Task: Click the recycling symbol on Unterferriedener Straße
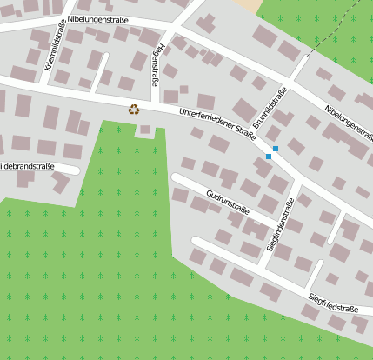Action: coord(133,109)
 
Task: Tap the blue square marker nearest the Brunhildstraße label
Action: coord(276,149)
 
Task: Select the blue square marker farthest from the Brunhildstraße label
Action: coord(269,157)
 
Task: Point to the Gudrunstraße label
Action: coord(228,201)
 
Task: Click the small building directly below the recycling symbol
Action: coord(144,130)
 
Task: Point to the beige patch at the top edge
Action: coord(247,4)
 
